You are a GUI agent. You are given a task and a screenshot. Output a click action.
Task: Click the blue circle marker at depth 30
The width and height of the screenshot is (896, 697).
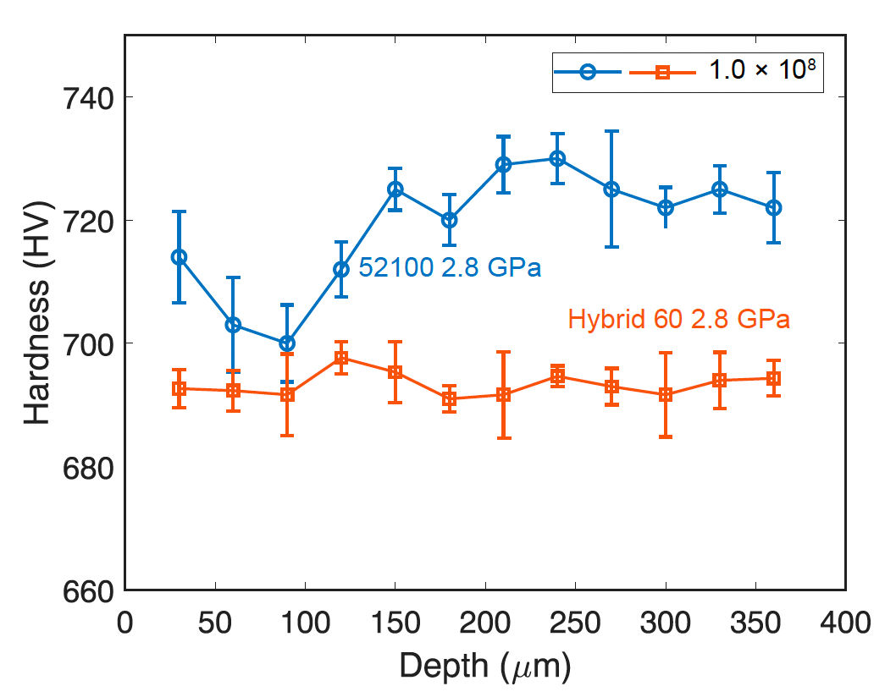(179, 257)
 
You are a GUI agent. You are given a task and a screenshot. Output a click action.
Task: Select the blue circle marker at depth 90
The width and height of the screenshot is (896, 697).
(287, 343)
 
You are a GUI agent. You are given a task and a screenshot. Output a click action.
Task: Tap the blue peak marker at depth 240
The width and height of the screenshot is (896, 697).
(557, 158)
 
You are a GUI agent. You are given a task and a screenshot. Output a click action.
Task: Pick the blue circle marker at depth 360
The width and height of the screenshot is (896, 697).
(773, 207)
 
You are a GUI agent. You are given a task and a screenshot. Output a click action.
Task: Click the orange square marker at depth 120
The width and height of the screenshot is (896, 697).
(341, 358)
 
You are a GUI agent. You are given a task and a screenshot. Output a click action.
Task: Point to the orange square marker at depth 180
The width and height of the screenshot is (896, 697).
(450, 399)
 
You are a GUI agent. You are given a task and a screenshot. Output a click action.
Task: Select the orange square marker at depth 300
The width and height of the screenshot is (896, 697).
(666, 395)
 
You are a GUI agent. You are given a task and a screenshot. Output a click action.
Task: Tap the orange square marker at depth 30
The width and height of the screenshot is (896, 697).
(179, 389)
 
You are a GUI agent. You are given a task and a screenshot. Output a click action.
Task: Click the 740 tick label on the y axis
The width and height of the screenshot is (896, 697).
(85, 97)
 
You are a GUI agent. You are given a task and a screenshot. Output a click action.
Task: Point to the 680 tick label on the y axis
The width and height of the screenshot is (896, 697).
(85, 467)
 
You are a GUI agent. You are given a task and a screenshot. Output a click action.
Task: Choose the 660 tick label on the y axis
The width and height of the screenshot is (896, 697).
(85, 590)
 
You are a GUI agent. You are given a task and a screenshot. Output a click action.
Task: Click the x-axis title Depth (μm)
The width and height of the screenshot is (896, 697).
(485, 667)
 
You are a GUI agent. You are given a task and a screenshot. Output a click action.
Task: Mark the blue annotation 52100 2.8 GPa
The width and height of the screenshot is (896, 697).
(450, 268)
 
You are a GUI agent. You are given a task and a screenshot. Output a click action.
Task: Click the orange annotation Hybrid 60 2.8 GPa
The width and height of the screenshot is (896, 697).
(679, 320)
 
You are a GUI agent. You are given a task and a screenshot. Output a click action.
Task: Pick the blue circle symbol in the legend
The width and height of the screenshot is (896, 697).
(588, 73)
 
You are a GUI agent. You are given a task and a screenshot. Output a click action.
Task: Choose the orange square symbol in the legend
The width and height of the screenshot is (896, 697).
(663, 73)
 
